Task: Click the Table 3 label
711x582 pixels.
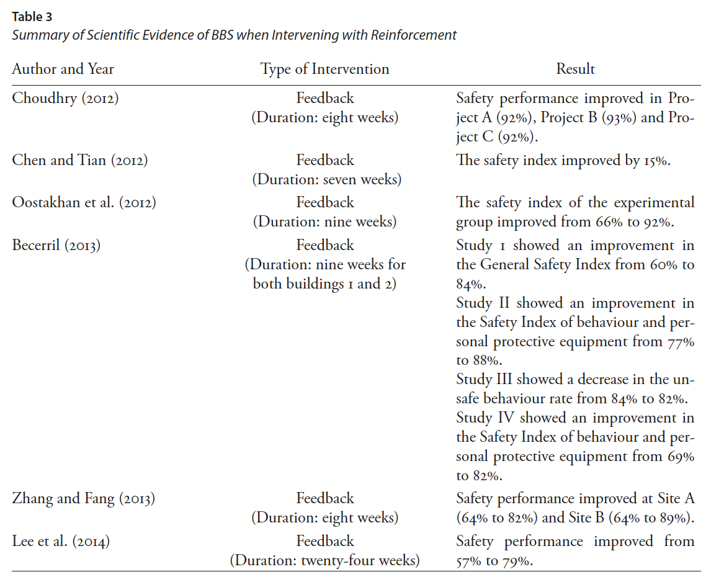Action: pos(32,17)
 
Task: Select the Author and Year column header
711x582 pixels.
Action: pos(63,69)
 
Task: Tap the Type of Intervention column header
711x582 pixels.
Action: pos(324,69)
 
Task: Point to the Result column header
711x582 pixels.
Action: pos(575,69)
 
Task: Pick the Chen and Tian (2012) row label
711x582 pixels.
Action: pos(80,160)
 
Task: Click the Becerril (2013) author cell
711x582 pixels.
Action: pos(56,245)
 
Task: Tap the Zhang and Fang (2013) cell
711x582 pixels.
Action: pos(83,498)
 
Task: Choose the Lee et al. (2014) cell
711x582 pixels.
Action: pos(61,541)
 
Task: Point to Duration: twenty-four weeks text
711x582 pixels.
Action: pos(325,561)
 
